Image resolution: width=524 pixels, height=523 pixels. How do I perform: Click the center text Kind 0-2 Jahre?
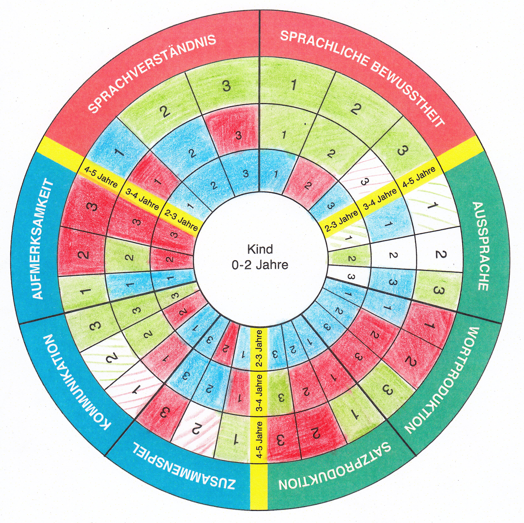click(260, 257)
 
